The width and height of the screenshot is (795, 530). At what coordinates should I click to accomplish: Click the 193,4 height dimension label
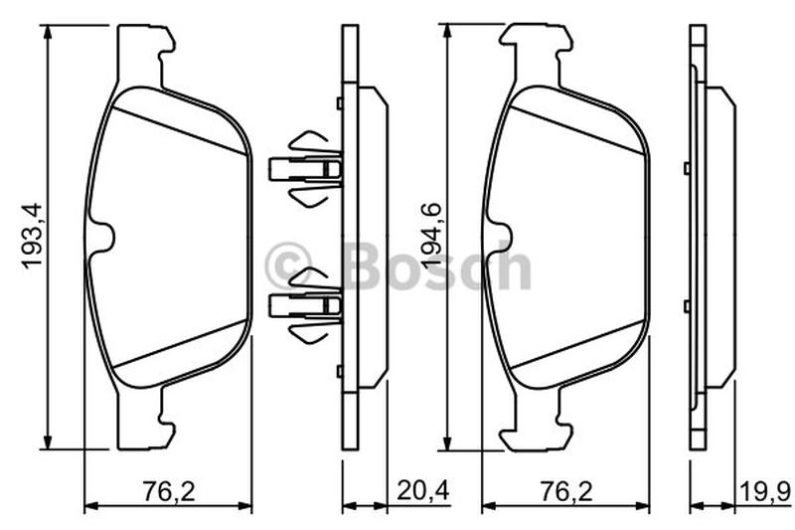pyautogui.click(x=33, y=237)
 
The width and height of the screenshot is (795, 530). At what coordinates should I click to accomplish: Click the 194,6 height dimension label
pyautogui.click(x=432, y=237)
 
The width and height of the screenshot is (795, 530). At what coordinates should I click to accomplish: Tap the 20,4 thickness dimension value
pyautogui.click(x=423, y=490)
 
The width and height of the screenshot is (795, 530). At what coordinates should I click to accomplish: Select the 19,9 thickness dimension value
pyautogui.click(x=765, y=491)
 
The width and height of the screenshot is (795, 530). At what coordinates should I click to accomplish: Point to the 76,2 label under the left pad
pyautogui.click(x=169, y=491)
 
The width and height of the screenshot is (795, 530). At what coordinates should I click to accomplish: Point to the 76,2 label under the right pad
pyautogui.click(x=566, y=491)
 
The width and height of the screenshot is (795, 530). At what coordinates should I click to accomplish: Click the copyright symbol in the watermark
pyautogui.click(x=288, y=265)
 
